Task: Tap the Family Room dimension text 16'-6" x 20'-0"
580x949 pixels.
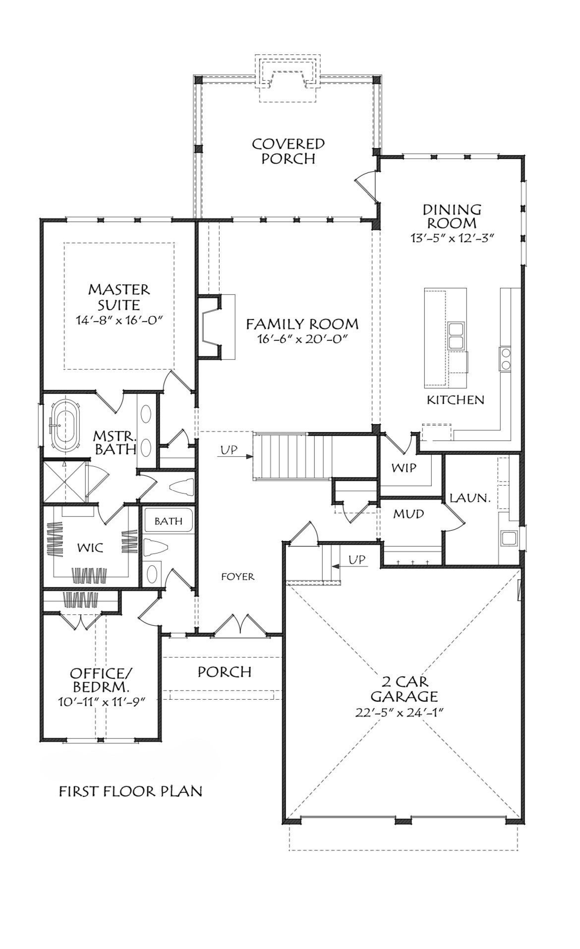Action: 302,339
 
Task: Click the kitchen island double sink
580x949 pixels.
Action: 456,335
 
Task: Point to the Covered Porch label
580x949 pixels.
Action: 288,151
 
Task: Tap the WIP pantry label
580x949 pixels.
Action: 404,467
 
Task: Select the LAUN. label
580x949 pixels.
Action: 469,498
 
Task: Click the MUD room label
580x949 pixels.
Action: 408,514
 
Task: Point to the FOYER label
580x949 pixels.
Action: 238,576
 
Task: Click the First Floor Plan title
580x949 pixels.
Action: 130,791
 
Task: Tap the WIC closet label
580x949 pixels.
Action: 90,548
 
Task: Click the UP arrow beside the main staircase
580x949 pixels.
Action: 237,450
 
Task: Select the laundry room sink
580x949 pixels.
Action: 508,538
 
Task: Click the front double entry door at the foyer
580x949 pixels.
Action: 240,624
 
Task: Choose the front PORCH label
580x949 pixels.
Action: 225,671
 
